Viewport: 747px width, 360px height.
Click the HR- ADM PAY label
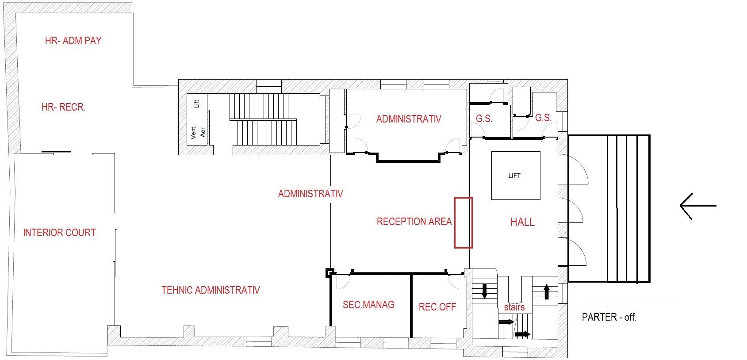pyautogui.click(x=73, y=41)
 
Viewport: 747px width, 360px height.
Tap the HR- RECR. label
pyautogui.click(x=63, y=107)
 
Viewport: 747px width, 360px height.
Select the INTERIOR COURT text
pyautogui.click(x=59, y=233)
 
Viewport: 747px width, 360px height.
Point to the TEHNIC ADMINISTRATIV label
pyautogui.click(x=210, y=290)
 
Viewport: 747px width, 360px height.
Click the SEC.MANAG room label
pyautogui.click(x=368, y=305)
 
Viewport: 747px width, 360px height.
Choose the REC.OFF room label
pyautogui.click(x=437, y=307)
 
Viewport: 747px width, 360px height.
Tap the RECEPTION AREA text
pyautogui.click(x=414, y=222)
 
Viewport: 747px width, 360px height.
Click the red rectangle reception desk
pyautogui.click(x=463, y=222)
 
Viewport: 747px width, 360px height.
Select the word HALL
pyautogui.click(x=522, y=222)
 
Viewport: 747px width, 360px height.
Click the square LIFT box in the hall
pyautogui.click(x=516, y=176)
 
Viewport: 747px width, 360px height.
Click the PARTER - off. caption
pyautogui.click(x=609, y=317)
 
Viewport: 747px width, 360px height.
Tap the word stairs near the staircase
pyautogui.click(x=514, y=307)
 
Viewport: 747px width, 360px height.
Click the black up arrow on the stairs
pyautogui.click(x=546, y=291)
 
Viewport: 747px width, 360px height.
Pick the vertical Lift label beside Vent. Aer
pyautogui.click(x=197, y=104)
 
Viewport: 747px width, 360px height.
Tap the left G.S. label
pyautogui.click(x=484, y=119)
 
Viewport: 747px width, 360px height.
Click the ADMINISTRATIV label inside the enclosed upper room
pyautogui.click(x=408, y=119)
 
